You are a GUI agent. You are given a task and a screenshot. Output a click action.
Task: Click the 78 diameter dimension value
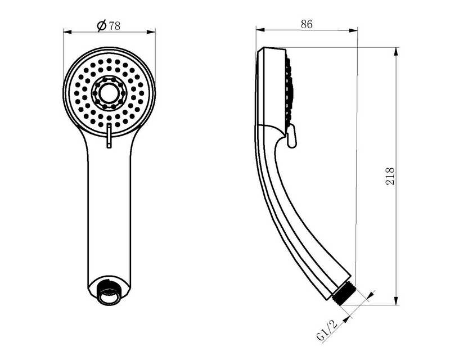point(114,26)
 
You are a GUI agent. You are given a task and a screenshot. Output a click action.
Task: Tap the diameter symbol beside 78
point(102,26)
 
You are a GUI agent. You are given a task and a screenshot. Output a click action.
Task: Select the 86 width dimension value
point(307,24)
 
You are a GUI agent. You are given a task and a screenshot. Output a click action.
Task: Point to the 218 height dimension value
point(390,176)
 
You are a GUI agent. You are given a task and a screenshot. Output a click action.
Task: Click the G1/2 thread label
point(327,330)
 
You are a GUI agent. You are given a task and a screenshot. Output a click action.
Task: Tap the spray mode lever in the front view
point(109,136)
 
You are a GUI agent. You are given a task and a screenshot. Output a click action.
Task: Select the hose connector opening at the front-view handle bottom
point(109,295)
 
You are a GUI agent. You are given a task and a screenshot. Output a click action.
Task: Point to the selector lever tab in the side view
point(291,136)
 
